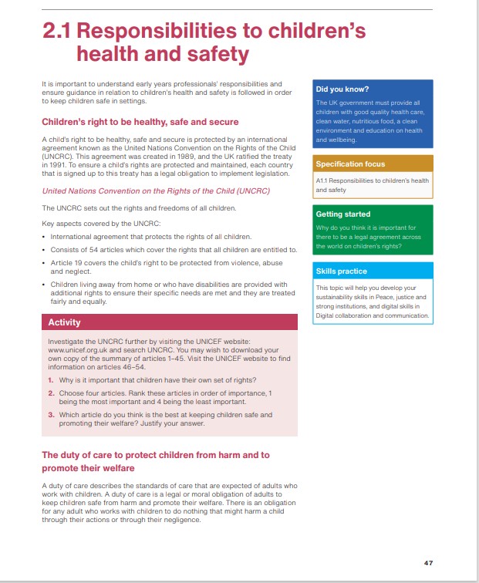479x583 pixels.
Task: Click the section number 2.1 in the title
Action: click(x=57, y=32)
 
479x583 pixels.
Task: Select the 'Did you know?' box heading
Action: click(x=342, y=89)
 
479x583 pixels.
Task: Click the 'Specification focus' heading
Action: click(x=349, y=163)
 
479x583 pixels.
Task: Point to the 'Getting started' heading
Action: click(x=343, y=214)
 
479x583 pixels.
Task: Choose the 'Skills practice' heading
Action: click(x=341, y=271)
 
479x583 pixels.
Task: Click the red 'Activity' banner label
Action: click(x=64, y=322)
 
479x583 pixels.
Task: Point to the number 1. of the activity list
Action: click(x=51, y=380)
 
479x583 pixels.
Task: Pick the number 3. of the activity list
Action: click(x=51, y=414)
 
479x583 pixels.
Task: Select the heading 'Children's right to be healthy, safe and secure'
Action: click(x=140, y=122)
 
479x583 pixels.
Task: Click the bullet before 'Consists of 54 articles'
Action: click(x=44, y=250)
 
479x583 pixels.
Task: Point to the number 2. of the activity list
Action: click(x=51, y=393)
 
